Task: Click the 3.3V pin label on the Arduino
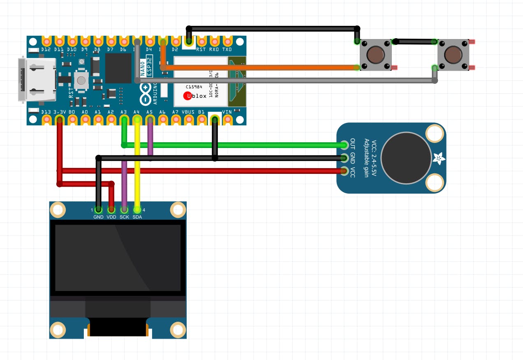point(60,112)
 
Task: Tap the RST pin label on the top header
point(201,49)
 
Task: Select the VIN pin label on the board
point(227,112)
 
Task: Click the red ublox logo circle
point(188,96)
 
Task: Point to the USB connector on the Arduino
point(37,79)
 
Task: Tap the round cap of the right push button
point(453,54)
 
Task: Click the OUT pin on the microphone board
point(344,145)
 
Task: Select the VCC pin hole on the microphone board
point(344,171)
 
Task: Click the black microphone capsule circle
point(406,157)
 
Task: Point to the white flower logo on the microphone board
point(437,158)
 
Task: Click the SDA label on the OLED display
point(137,217)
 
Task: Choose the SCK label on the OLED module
point(124,217)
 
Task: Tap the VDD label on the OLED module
point(111,217)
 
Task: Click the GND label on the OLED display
point(98,217)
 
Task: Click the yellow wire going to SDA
point(137,173)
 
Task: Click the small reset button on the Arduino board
point(81,81)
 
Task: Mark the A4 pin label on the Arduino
point(137,112)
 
